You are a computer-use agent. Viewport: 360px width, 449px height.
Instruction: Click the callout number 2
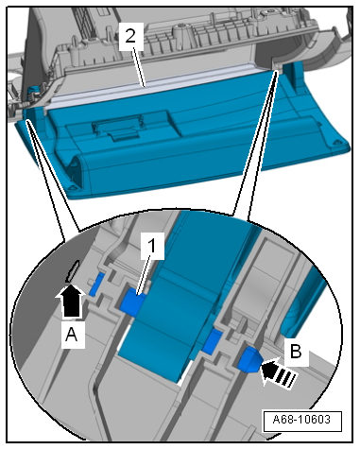[130, 36]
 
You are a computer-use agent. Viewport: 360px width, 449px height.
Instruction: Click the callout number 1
[152, 246]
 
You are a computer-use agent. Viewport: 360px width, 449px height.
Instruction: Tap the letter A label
[72, 335]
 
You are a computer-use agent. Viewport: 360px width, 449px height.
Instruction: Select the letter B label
[295, 350]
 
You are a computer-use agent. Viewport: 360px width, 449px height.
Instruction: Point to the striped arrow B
[278, 372]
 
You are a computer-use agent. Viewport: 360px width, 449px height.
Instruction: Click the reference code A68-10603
[301, 420]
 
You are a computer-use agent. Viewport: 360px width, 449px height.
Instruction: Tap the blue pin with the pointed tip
[249, 359]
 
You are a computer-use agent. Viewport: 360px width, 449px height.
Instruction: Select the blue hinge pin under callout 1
[132, 302]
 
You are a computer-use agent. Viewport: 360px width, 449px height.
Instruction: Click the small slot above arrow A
[72, 271]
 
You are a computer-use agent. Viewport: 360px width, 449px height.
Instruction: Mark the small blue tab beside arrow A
[96, 285]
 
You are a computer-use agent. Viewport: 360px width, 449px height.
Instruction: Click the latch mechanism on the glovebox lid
[116, 127]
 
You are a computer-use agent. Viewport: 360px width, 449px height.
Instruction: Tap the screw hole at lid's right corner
[335, 143]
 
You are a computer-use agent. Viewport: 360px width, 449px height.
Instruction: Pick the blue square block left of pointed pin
[212, 341]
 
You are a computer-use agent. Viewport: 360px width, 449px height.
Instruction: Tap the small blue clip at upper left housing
[33, 91]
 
